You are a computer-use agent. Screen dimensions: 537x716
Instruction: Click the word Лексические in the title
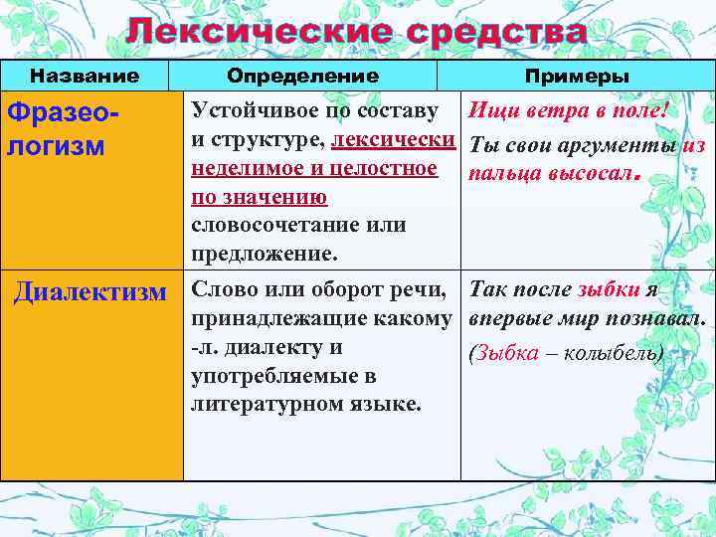[x=254, y=32]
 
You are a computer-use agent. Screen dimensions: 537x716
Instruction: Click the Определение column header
[x=302, y=76]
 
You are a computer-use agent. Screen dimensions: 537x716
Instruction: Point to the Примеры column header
[x=577, y=76]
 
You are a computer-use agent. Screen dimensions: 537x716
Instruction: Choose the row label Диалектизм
[x=89, y=292]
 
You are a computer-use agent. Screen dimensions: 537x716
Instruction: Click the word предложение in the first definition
[x=264, y=254]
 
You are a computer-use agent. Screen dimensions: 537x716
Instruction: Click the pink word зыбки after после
[x=608, y=290]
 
